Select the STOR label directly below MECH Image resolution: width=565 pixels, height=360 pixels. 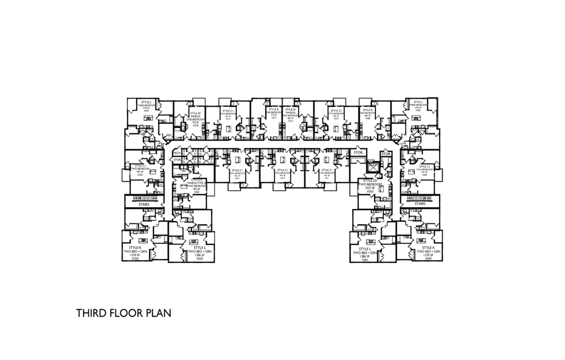[177, 160]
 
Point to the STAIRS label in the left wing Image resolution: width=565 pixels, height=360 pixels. [143, 205]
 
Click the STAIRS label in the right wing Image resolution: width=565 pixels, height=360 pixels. [420, 204]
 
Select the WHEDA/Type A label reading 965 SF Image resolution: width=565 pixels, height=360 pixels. [197, 184]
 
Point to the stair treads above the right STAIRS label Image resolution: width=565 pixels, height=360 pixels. [419, 197]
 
